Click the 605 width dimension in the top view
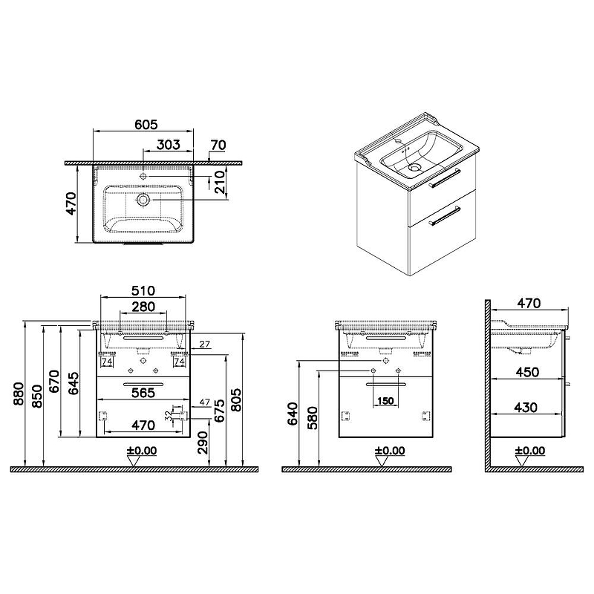[x=146, y=125]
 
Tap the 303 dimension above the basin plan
[x=169, y=144]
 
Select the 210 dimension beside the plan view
[x=220, y=182]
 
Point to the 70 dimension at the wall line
[x=218, y=145]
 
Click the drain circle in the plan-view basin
[x=143, y=200]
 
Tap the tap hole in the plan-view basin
[x=143, y=176]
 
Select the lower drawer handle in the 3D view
[x=444, y=216]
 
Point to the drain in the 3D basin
[x=415, y=167]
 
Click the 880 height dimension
[x=19, y=394]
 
